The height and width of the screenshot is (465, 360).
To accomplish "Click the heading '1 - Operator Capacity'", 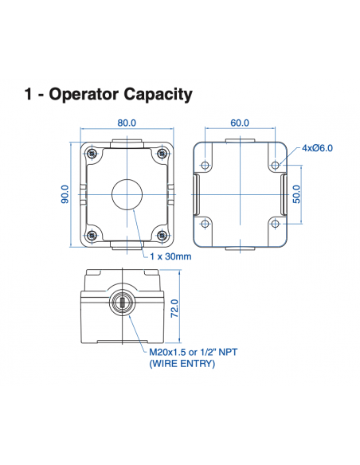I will (108, 95).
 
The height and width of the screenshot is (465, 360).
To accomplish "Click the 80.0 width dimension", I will (127, 123).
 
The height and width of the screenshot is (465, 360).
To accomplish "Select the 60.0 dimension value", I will (240, 123).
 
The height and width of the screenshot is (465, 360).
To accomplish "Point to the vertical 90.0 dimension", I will (65, 194).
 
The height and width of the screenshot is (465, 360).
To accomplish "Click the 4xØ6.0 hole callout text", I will (317, 148).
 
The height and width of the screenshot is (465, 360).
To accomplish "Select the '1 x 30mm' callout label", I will (170, 256).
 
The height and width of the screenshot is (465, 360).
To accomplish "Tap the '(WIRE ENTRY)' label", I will (182, 363).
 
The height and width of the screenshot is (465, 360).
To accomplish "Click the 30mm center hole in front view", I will (127, 193).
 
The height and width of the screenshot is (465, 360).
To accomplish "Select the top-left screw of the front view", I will (93, 153).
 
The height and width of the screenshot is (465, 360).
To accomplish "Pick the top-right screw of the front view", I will (162, 153).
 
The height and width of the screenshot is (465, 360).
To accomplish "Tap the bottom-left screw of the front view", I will (93, 235).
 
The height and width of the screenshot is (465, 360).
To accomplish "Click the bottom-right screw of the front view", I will (162, 235).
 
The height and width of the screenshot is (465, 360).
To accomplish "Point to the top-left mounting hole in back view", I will (205, 166).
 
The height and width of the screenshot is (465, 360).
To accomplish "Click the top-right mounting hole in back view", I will (275, 166).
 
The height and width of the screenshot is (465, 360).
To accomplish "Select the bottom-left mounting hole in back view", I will (205, 223).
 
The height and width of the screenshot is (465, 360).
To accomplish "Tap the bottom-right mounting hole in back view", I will (275, 223).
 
